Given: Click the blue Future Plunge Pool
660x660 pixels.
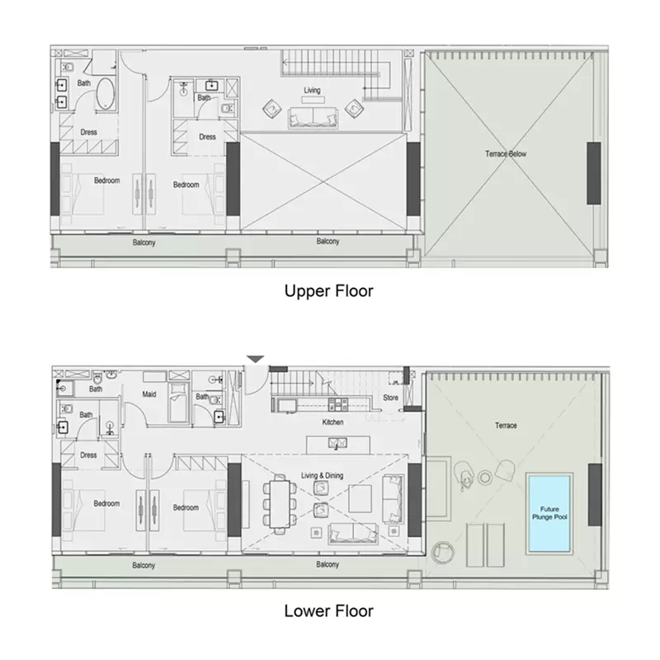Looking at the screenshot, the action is point(549,513).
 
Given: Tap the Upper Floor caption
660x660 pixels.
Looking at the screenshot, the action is point(328,291).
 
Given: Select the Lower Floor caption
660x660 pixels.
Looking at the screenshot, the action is point(328,610).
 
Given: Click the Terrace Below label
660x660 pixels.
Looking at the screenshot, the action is point(506,153).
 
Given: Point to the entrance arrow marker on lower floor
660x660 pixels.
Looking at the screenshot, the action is point(255,359).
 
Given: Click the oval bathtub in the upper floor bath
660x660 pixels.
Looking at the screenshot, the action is point(106,93).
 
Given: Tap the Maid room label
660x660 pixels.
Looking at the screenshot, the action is point(149,394).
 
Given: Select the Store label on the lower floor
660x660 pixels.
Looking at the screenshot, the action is point(390,398).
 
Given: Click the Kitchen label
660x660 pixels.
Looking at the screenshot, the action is point(332,422).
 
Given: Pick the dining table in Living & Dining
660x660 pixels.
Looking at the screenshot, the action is point(280,504).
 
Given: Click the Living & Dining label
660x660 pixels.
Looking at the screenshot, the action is point(322,475).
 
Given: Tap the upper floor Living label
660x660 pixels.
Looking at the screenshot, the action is point(312,90).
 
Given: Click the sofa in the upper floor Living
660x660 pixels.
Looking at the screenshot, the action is point(313,117).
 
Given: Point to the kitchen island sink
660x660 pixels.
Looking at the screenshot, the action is point(338,443).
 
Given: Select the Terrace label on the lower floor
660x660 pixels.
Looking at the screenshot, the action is point(506,425).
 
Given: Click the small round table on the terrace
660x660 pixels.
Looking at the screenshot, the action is point(485,477).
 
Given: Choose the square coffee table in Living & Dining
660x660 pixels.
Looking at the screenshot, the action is point(361,498).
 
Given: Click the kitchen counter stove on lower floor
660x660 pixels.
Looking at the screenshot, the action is point(338,404).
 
